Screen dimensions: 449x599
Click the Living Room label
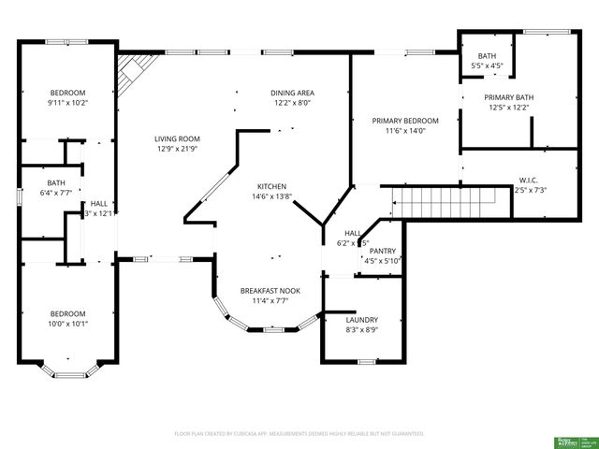[x=177, y=139]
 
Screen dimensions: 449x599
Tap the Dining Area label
[x=292, y=93]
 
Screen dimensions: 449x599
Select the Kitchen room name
[x=271, y=186]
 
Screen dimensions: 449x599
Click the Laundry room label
[x=361, y=319]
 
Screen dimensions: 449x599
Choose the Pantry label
[x=382, y=251]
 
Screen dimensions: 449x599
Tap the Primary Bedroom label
[x=405, y=121]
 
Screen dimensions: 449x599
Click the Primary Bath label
[x=508, y=97]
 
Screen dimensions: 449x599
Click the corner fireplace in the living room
[x=132, y=74]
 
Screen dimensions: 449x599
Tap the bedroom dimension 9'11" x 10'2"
[x=68, y=103]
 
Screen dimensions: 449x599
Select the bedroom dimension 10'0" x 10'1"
[x=68, y=325]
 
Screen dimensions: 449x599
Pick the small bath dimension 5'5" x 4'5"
[x=487, y=66]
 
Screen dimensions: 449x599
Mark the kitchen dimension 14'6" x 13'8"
[x=271, y=197]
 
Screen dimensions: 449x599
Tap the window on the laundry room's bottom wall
[x=367, y=361]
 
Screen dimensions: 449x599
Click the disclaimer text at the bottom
[x=299, y=434]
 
